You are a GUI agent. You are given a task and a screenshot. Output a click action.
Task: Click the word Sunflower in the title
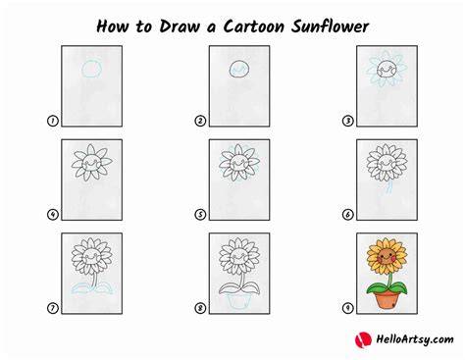click(331, 26)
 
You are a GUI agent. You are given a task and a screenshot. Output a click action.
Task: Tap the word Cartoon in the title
click(254, 26)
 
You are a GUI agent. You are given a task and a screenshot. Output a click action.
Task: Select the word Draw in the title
click(180, 26)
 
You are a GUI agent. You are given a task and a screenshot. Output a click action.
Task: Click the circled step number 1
click(52, 121)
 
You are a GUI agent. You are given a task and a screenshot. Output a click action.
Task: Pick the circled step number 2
click(200, 121)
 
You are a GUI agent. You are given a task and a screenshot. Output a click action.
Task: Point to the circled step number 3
click(347, 121)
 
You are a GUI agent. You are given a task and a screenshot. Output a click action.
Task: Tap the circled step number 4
click(52, 215)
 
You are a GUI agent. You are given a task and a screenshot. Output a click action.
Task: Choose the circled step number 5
click(200, 215)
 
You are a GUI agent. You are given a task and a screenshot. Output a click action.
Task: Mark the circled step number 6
click(347, 215)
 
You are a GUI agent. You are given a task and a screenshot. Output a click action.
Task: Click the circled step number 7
click(52, 308)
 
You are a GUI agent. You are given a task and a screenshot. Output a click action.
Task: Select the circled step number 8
click(200, 308)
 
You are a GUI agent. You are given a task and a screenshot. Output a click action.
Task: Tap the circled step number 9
click(347, 308)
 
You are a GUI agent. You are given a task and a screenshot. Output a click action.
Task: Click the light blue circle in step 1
click(82, 70)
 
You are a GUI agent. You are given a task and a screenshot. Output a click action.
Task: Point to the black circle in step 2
click(230, 70)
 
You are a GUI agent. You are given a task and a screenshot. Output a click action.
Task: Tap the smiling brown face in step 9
click(387, 257)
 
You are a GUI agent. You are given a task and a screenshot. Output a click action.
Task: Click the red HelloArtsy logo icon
click(363, 339)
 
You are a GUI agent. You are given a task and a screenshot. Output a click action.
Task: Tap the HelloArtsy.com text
click(415, 339)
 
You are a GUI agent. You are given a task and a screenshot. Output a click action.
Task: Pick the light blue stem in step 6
click(388, 188)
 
